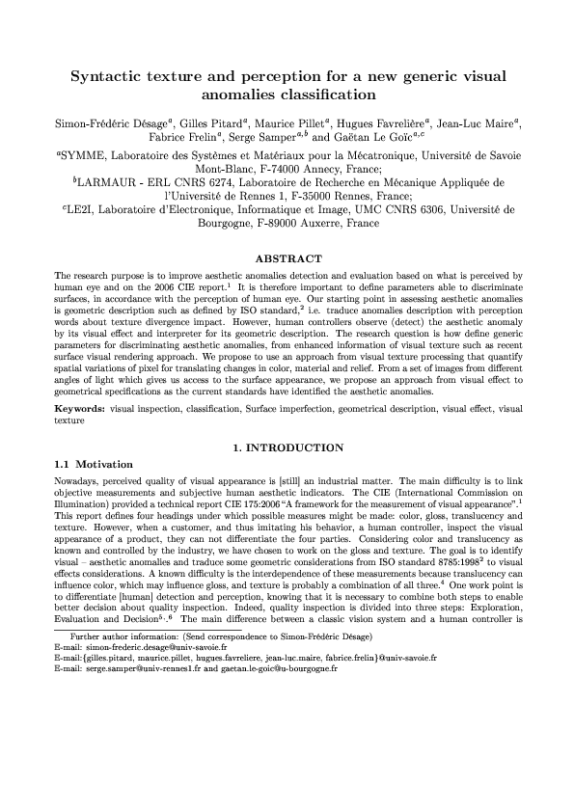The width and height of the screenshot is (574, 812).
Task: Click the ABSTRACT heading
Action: pyautogui.click(x=287, y=258)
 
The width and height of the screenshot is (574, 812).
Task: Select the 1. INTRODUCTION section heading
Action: pyautogui.click(x=287, y=447)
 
